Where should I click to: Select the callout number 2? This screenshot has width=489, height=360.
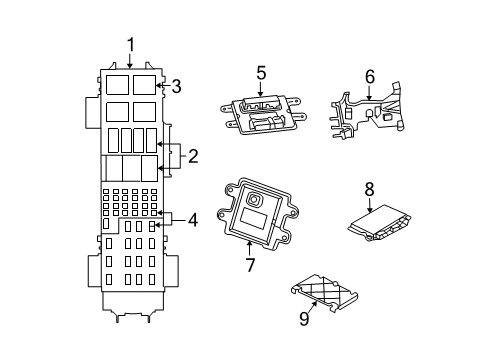192,155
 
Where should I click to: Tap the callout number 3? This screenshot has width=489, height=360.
176,86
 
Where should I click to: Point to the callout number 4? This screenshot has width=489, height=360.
193,220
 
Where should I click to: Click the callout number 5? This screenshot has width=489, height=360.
261,72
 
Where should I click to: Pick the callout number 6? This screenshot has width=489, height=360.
369,76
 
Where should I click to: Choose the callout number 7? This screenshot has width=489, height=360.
252,265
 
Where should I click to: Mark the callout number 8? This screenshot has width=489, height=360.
369,187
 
